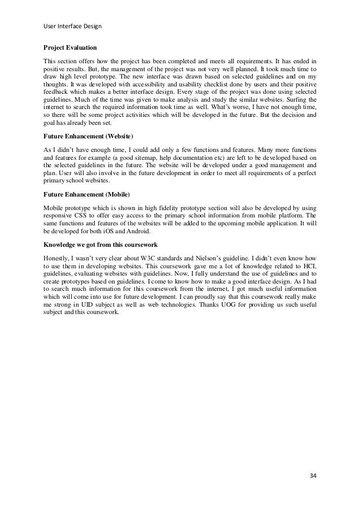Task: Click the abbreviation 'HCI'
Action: pos(308,266)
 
